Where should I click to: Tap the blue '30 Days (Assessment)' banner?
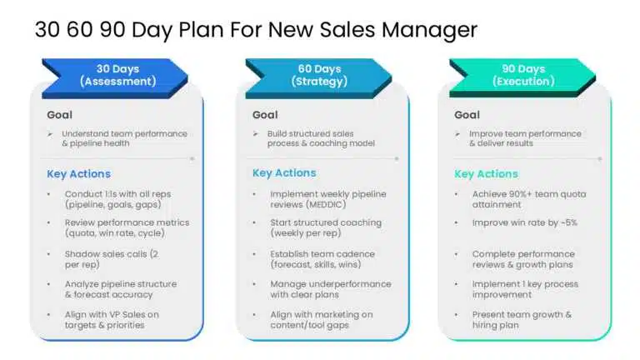[x=117, y=75]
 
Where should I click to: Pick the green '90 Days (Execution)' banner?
[x=523, y=75]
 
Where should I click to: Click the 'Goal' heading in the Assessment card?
[x=60, y=115]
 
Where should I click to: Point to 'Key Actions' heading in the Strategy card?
[x=284, y=173]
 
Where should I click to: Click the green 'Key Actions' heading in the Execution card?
[x=486, y=174]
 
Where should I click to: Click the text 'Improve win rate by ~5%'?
[x=524, y=223]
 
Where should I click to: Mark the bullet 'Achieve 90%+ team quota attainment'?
[x=528, y=199]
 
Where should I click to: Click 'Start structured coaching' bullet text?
[x=326, y=223]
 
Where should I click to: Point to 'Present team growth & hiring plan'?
[x=522, y=319]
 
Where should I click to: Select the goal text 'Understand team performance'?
[x=125, y=133]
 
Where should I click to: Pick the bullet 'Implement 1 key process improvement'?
[x=524, y=289]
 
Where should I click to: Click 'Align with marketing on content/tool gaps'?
[x=321, y=319]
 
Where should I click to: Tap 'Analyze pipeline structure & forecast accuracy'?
[x=120, y=289]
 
